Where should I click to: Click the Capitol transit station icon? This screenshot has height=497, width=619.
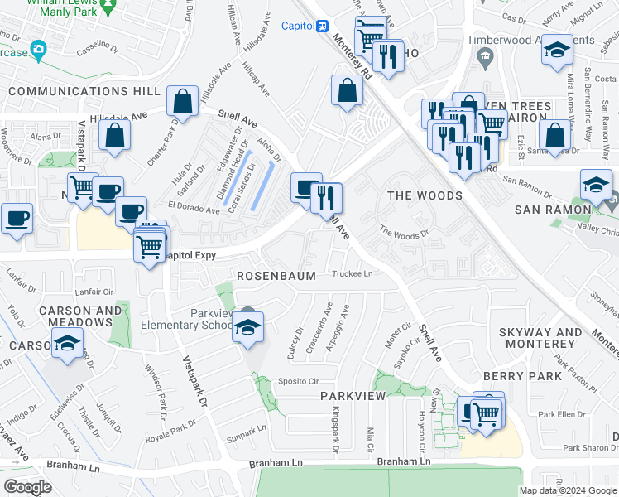(323, 26)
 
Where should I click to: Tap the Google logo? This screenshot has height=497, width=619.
(27, 487)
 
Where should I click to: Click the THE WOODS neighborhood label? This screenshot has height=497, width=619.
(425, 195)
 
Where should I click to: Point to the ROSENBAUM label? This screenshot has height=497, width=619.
(276, 275)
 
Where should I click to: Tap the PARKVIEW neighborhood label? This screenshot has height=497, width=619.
(353, 396)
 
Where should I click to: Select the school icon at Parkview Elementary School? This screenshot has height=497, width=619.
(247, 328)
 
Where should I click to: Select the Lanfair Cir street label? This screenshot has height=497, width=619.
(94, 292)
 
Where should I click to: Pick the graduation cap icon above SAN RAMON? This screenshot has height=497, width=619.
(596, 185)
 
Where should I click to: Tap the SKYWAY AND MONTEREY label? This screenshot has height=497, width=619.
(540, 338)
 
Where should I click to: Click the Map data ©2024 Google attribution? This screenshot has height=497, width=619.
(567, 490)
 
